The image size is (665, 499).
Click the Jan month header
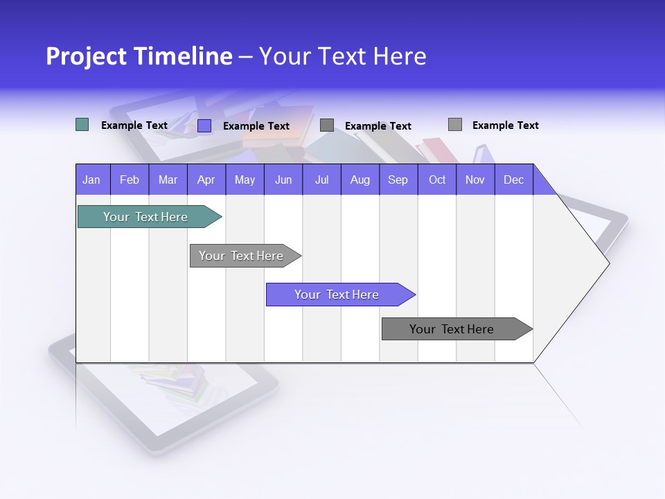point(92,180)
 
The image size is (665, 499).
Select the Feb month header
point(130,180)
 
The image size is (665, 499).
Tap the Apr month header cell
point(206,180)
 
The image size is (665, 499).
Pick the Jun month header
point(283,180)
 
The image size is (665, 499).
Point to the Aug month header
point(360,180)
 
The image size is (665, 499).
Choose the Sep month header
point(398,180)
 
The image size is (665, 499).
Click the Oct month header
point(437,180)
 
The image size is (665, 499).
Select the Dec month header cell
point(513,180)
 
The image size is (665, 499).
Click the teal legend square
point(82,125)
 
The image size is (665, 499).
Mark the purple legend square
point(204,125)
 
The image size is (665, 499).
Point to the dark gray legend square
point(327,125)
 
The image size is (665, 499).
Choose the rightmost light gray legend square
point(454,125)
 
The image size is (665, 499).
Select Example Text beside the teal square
point(134,125)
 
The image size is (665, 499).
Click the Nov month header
point(475,180)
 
